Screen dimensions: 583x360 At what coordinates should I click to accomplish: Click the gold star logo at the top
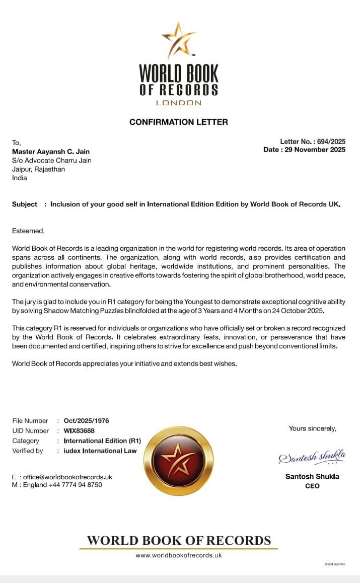pyautogui.click(x=178, y=40)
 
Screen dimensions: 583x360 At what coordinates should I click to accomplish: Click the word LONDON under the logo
pyautogui.click(x=179, y=103)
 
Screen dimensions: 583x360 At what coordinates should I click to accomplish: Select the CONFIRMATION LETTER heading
pyautogui.click(x=179, y=122)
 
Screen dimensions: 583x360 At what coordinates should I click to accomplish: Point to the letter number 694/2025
pyautogui.click(x=331, y=142)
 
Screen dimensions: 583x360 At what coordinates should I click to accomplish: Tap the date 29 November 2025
pyautogui.click(x=314, y=150)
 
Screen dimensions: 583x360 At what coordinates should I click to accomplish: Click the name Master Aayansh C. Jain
pyautogui.click(x=51, y=152)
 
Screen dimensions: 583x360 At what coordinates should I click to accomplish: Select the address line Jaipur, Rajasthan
pyautogui.click(x=38, y=169)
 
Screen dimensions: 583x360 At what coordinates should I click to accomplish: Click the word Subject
pyautogui.click(x=25, y=204)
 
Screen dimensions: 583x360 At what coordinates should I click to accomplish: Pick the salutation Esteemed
pyautogui.click(x=28, y=231)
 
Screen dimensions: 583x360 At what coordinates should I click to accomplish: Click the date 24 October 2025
pyautogui.click(x=295, y=311)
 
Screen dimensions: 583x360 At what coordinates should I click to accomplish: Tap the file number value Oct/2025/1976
pyautogui.click(x=86, y=421)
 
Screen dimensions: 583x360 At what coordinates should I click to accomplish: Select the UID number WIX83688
pyautogui.click(x=79, y=431)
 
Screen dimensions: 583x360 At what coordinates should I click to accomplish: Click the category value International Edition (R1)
pyautogui.click(x=102, y=441)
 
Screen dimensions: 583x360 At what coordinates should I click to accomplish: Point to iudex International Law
pyautogui.click(x=100, y=451)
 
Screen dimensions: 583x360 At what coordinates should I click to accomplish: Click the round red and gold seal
pyautogui.click(x=179, y=460)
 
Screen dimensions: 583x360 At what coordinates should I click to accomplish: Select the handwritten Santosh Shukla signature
pyautogui.click(x=312, y=457)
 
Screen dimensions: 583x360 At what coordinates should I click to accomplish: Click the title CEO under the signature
pyautogui.click(x=312, y=486)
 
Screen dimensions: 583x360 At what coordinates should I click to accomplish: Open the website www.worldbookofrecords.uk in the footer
pyautogui.click(x=179, y=555)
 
